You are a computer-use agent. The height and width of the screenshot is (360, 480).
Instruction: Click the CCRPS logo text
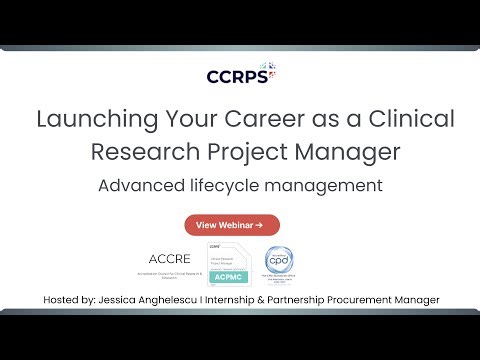[234, 76]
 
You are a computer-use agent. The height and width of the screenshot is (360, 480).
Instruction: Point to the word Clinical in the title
[411, 120]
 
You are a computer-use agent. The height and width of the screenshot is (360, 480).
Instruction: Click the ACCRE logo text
[169, 257]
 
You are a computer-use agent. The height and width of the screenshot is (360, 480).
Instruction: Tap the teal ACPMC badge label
[227, 279]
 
